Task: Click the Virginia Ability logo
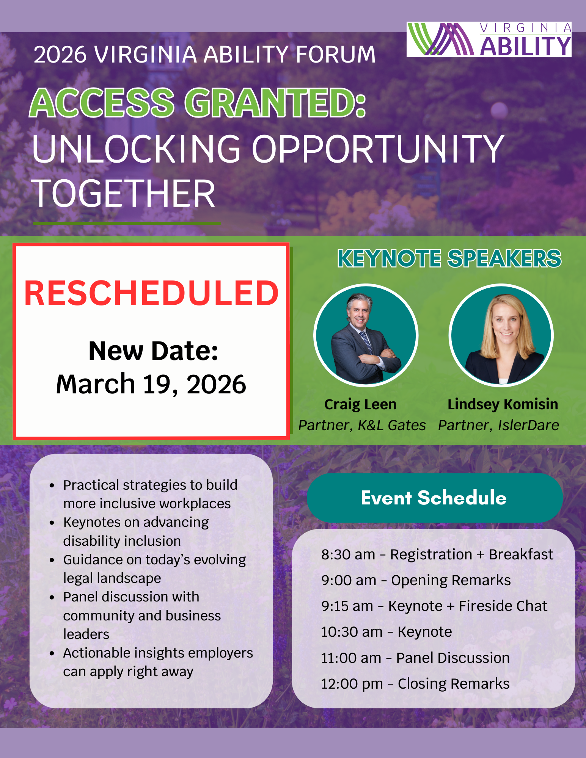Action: click(489, 39)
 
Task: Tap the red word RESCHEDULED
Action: click(151, 294)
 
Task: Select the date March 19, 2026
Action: click(151, 384)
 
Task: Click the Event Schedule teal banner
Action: click(434, 498)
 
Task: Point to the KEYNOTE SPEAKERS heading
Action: click(449, 258)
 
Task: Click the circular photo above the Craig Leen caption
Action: click(366, 335)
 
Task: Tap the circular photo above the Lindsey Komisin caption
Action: click(501, 335)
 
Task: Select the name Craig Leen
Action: click(360, 404)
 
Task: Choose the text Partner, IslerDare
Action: click(498, 425)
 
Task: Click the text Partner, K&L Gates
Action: click(362, 425)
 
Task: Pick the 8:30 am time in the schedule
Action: click(348, 554)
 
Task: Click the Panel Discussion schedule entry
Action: click(453, 658)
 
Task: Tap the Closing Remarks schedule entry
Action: click(454, 684)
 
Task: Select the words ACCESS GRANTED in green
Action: click(197, 103)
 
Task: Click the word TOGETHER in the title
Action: click(124, 194)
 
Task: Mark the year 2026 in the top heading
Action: click(60, 55)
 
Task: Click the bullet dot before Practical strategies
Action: click(52, 486)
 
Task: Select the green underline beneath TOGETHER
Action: click(127, 224)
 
